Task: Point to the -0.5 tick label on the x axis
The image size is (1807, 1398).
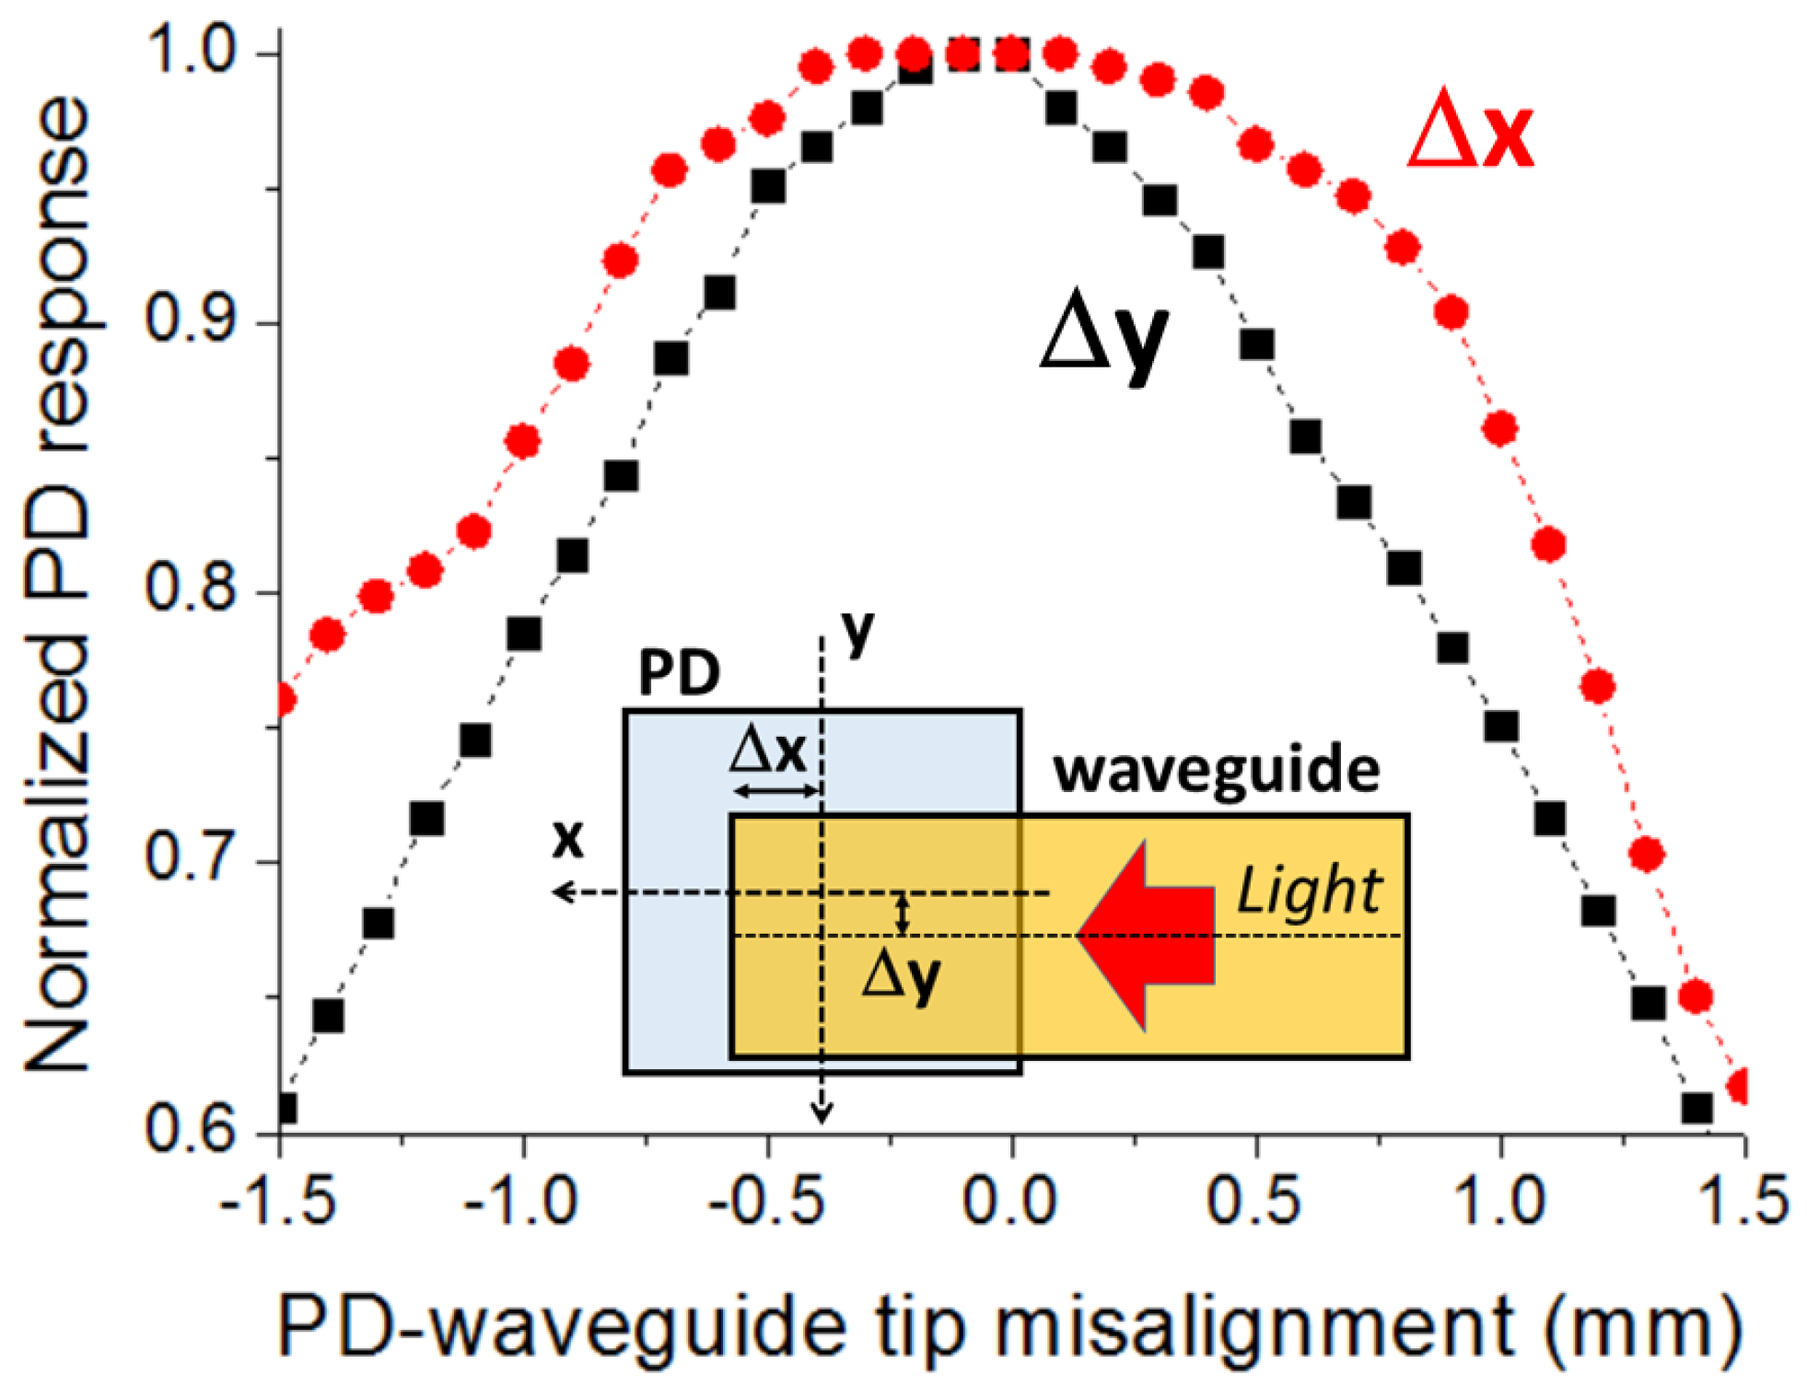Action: pos(766,1199)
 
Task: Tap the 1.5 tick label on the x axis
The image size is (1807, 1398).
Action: pos(1743,1199)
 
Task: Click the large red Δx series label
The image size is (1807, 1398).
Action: pos(1470,134)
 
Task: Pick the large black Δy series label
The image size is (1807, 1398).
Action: pos(1103,337)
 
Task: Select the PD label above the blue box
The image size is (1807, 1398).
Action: pos(679,673)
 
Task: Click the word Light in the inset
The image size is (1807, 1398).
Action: pos(1308,891)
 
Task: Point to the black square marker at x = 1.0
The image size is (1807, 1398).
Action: pos(1501,727)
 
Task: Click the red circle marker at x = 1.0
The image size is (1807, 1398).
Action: pos(1500,428)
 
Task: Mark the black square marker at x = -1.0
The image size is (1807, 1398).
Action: pos(524,634)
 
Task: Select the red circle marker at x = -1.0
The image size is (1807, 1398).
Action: pos(523,442)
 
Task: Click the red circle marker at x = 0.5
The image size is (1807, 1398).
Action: pos(1256,145)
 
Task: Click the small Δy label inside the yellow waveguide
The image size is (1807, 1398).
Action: pos(901,976)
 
